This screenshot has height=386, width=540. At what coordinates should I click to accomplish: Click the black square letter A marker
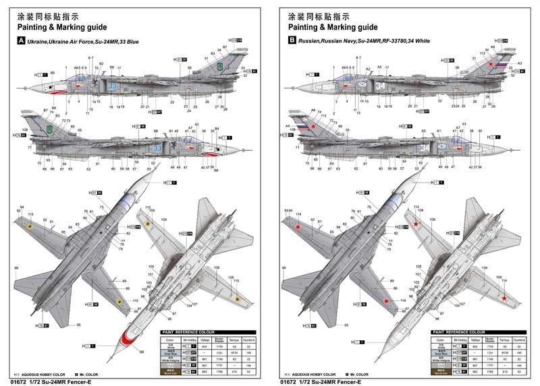tap(22, 41)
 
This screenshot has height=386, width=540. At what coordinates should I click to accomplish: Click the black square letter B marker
tap(292, 41)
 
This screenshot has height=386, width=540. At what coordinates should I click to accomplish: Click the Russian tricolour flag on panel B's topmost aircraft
tap(502, 65)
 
